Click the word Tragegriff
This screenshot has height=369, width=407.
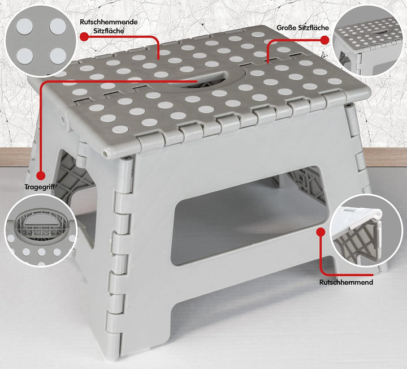[40, 187]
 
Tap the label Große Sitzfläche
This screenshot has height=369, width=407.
[302, 28]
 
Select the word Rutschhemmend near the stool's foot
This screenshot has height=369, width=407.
[346, 282]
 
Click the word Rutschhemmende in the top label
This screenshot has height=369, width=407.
[109, 22]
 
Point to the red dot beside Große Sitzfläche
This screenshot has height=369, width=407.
[324, 40]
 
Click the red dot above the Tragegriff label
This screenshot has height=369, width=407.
[41, 175]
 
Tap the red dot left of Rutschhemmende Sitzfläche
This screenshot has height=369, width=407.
[84, 37]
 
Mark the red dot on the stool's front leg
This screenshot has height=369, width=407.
[321, 232]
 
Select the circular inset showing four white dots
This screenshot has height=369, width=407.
[41, 41]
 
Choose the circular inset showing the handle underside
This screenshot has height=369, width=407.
[41, 231]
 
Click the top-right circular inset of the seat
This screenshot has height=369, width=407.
[368, 41]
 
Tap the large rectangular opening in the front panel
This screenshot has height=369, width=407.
[248, 216]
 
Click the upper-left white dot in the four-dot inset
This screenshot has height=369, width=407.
[25, 26]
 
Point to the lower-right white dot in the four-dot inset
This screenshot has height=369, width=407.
[58, 56]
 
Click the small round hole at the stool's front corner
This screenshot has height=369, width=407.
[105, 153]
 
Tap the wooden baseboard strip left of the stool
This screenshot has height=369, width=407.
[16, 157]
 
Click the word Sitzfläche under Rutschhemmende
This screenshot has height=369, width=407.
[109, 31]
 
